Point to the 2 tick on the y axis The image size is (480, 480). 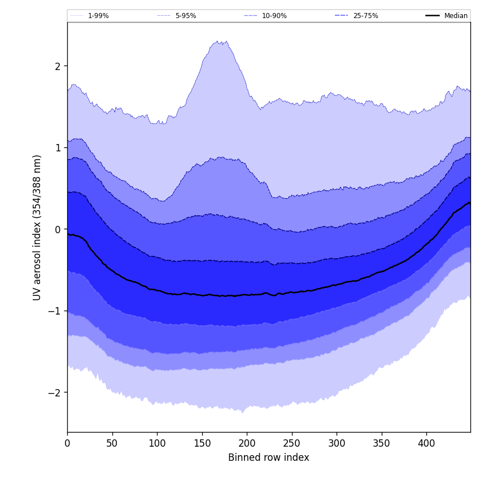(x=58, y=66)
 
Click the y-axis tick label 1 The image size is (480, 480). (x=58, y=148)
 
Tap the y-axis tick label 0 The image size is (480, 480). (x=58, y=229)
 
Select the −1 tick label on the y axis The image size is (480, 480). (x=55, y=311)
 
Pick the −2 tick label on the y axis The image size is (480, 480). (x=55, y=392)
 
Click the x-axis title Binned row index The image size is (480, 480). (x=268, y=458)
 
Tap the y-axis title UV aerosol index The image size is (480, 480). (x=37, y=227)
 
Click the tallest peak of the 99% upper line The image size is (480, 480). (x=217, y=41)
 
